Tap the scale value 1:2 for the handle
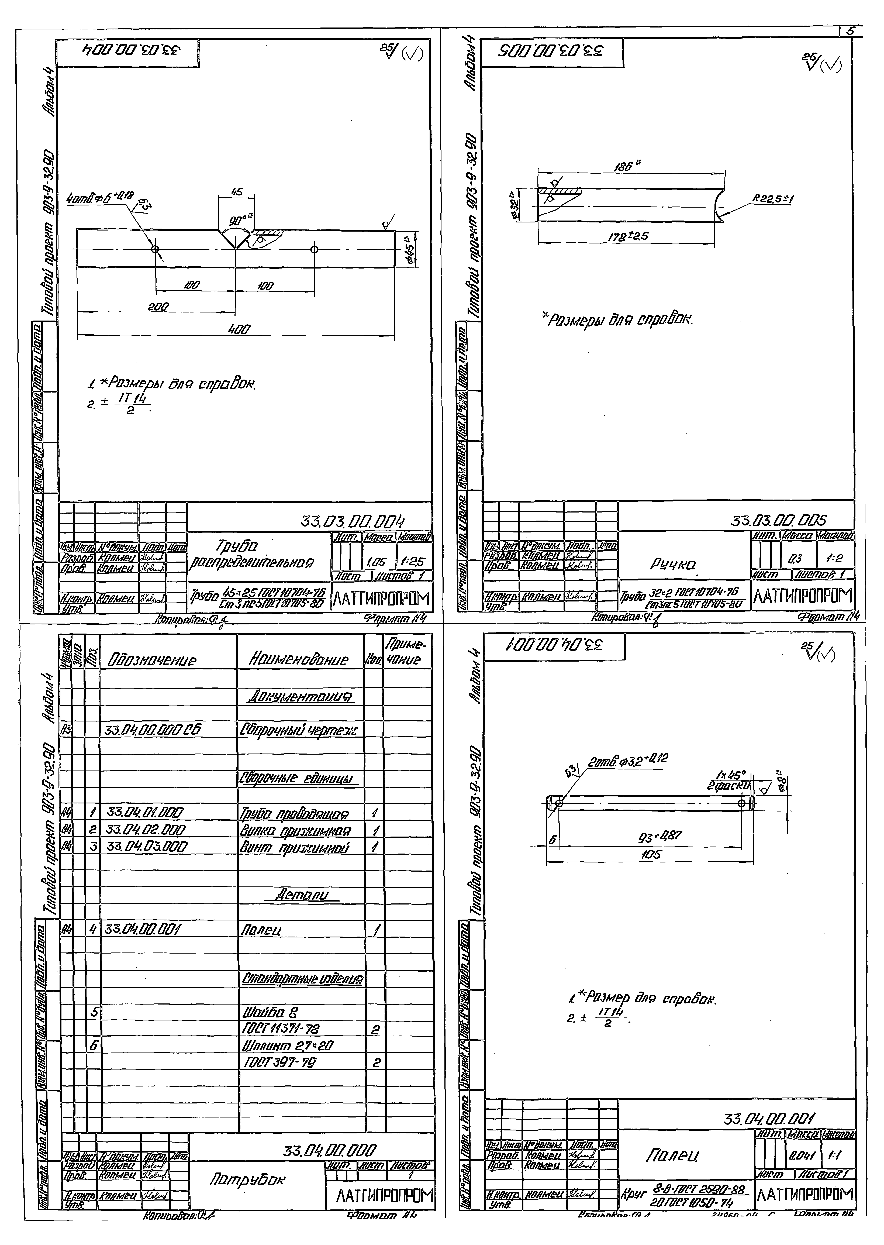point(837,559)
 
